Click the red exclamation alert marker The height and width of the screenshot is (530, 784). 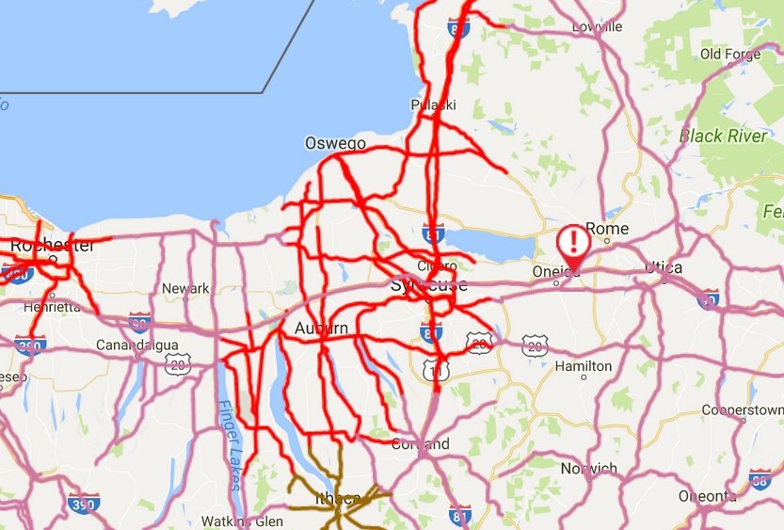pos(571,244)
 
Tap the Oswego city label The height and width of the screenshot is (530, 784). pos(334,143)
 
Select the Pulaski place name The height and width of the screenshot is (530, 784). pos(433,104)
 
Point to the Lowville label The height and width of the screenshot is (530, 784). pos(597,26)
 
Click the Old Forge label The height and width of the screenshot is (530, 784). pos(729,54)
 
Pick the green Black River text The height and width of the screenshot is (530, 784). pos(723,136)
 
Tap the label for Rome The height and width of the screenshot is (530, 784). pos(606,229)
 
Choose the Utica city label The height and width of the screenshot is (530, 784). pos(664,267)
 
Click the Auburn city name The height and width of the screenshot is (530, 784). pos(321,329)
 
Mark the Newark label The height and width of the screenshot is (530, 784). pos(185,288)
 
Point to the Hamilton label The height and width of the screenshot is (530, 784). pos(584,365)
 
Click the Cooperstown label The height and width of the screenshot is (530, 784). pos(743,410)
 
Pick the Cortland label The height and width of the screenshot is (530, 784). pos(420,443)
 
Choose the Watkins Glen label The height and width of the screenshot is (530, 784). pos(242,521)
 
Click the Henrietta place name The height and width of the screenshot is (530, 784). pos(53,307)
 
